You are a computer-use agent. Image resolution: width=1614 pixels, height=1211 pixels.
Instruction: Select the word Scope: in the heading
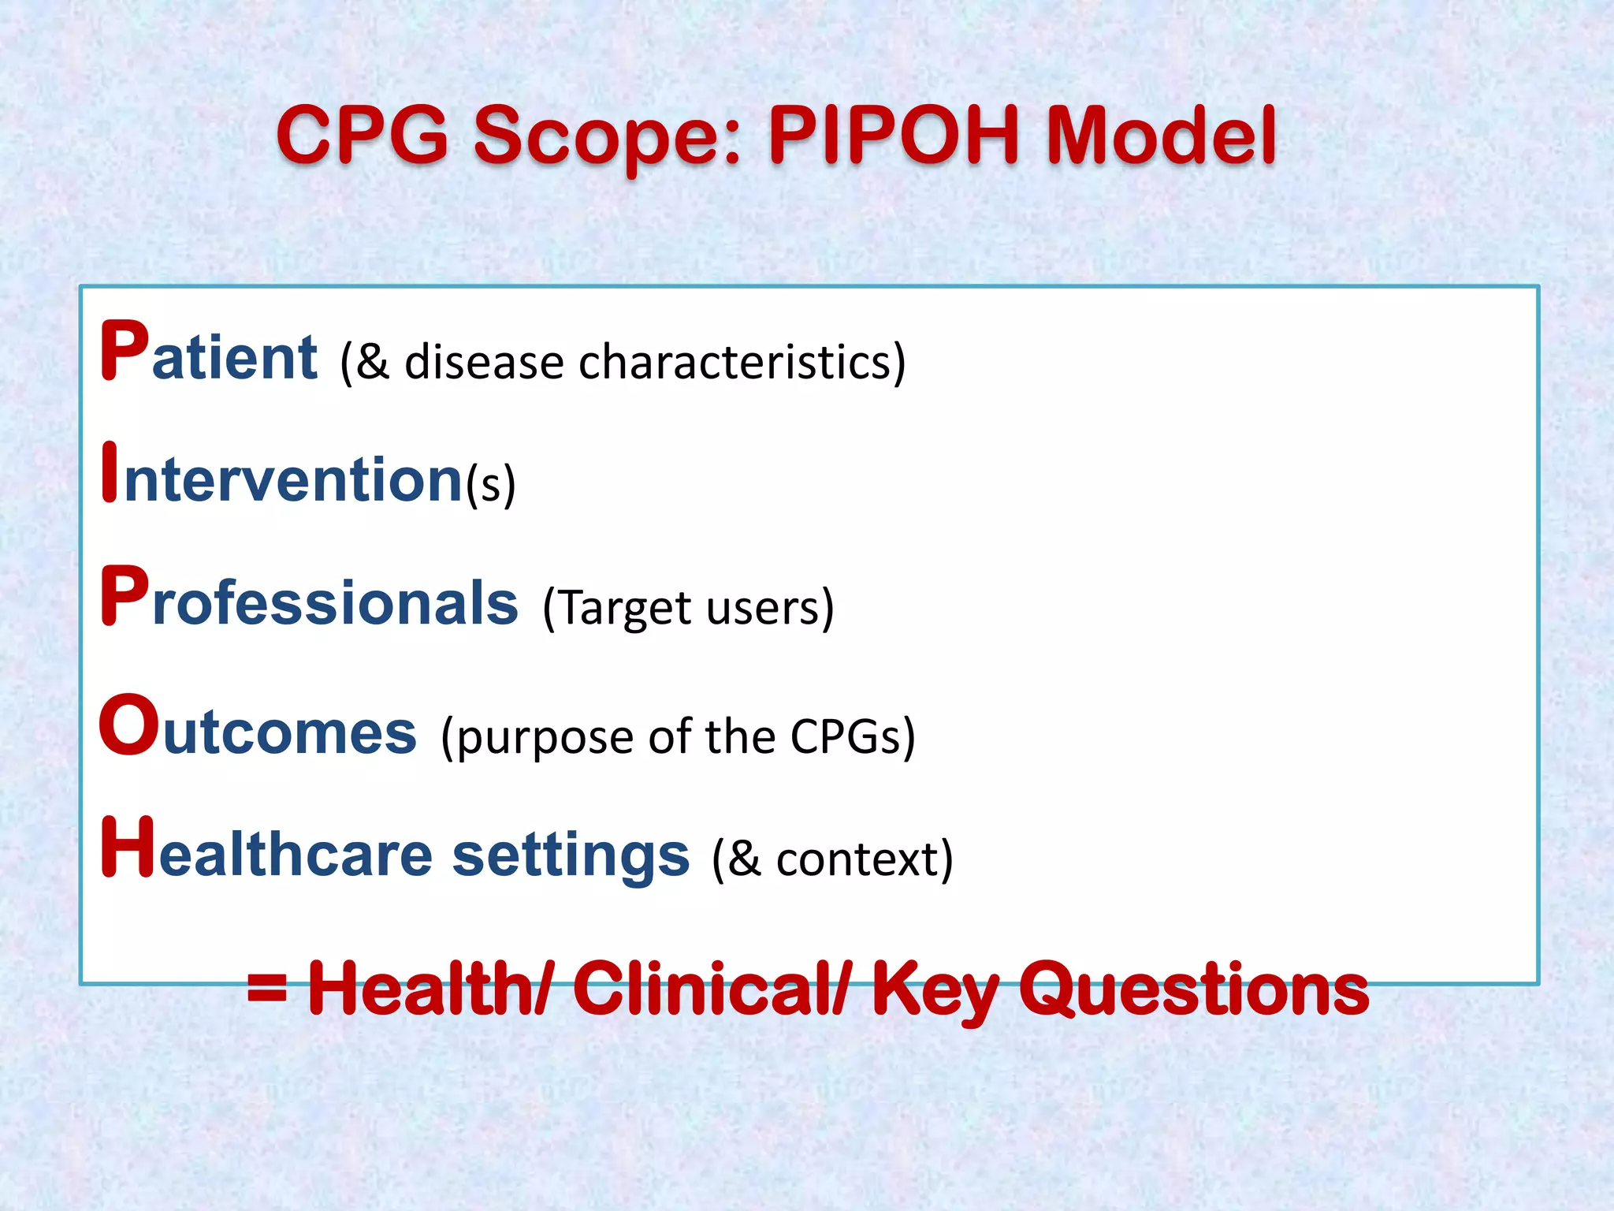[607, 136]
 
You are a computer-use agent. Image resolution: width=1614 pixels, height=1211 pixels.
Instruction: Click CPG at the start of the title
[363, 136]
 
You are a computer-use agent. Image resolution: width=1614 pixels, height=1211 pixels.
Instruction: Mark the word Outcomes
[258, 728]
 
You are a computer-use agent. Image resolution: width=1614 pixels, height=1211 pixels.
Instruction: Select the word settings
[571, 856]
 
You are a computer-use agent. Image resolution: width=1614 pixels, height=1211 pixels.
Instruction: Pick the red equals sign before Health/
[267, 988]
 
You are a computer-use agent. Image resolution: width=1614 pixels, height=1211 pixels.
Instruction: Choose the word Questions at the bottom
[1194, 990]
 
